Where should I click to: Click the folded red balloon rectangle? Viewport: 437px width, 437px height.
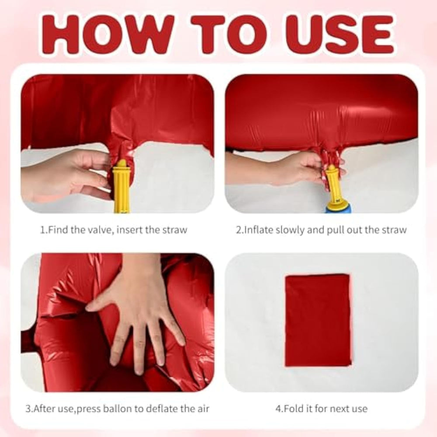click(x=318, y=320)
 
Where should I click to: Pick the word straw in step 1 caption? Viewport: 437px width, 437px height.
click(x=175, y=230)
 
